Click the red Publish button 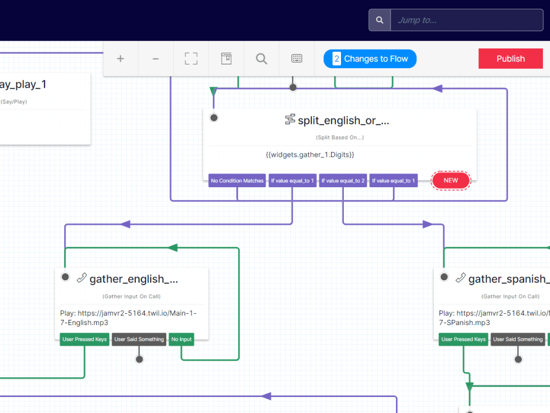510,59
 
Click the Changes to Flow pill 370,59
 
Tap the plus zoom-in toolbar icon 120,59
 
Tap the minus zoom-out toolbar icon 156,59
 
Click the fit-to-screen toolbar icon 191,59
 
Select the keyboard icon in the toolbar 296,59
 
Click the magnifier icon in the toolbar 261,59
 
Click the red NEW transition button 450,181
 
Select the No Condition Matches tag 237,181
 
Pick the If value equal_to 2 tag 343,181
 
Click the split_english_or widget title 343,121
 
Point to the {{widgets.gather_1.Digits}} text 310,155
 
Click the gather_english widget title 134,279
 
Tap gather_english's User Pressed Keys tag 84,339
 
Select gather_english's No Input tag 182,339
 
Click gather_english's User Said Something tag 139,339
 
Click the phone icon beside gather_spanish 460,278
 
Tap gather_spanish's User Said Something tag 518,339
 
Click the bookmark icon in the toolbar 226,59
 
